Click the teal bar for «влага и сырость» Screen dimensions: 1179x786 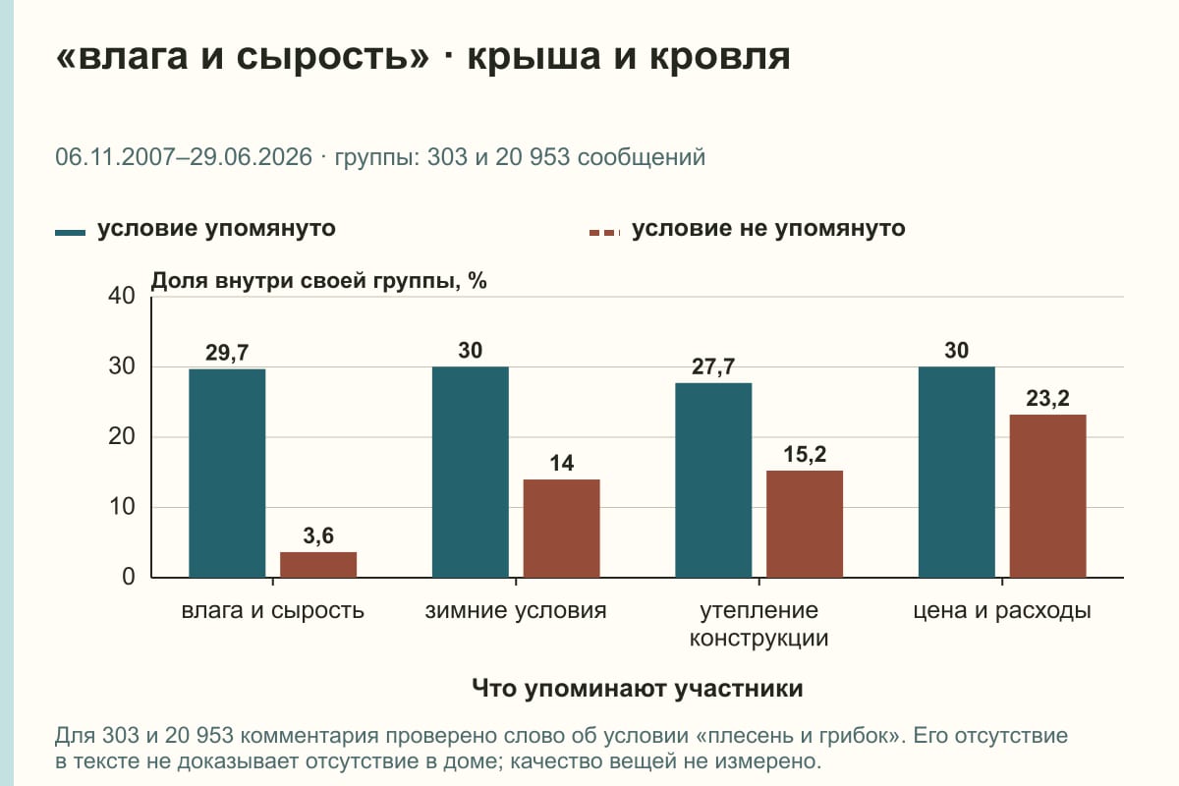tap(227, 474)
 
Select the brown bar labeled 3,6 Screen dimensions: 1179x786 tap(318, 565)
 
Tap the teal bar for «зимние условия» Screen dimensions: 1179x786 tap(470, 473)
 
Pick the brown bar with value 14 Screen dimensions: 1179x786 tap(561, 529)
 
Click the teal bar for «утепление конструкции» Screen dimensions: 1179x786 tap(713, 480)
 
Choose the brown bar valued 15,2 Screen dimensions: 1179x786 tap(805, 525)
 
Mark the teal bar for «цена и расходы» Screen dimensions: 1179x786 tap(956, 473)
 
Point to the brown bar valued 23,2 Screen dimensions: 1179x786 tap(1047, 496)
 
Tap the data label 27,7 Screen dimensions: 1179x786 tap(713, 366)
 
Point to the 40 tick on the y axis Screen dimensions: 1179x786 tap(122, 296)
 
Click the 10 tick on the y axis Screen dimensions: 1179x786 tap(122, 507)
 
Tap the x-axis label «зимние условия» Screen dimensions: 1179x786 tap(516, 611)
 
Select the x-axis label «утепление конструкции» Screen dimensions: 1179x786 tap(758, 624)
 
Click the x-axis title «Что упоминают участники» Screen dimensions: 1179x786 tap(638, 689)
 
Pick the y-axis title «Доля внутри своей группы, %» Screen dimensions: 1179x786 tap(319, 281)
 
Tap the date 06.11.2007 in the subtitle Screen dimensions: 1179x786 tap(115, 157)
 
